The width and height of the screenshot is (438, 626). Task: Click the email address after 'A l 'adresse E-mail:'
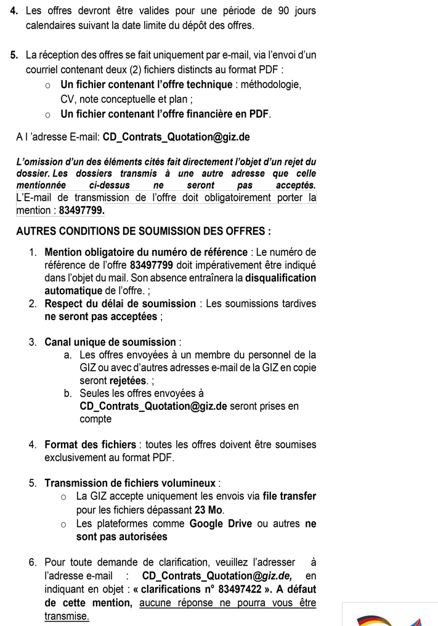point(176,137)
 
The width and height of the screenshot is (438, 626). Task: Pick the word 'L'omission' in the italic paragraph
point(39,162)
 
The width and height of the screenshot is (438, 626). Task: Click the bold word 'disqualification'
point(281,278)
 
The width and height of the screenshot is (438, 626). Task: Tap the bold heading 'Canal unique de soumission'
point(110,342)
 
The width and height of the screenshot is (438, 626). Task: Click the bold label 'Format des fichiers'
point(90,444)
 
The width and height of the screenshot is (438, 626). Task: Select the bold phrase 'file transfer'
point(289,497)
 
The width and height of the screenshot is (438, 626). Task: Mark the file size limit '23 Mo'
point(209,510)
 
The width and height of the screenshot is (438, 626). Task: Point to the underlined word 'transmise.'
point(67,616)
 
